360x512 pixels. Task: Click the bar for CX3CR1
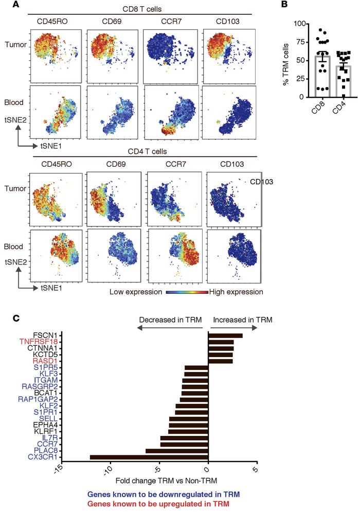(x=149, y=457)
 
